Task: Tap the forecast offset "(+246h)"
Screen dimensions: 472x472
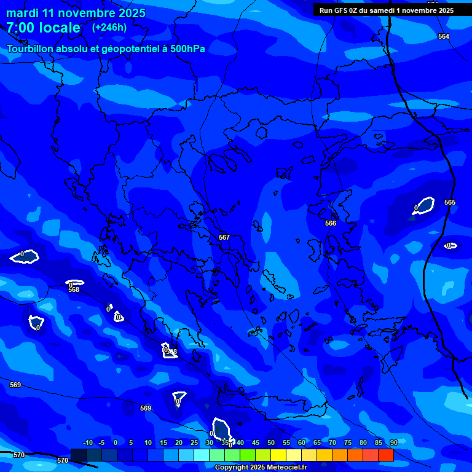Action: [x=109, y=27]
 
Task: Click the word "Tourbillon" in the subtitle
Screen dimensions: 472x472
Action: [x=31, y=49]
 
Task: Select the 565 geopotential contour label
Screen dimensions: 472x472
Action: [x=450, y=202]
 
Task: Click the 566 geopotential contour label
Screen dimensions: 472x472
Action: [x=331, y=223]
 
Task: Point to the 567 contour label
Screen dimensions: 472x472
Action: [x=224, y=237]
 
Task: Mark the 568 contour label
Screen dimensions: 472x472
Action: [x=74, y=289]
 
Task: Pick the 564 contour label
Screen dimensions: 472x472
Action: [x=444, y=36]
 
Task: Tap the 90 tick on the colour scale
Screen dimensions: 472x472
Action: [x=394, y=442]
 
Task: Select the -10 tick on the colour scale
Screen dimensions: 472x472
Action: [x=87, y=442]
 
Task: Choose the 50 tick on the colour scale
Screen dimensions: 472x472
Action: [x=271, y=442]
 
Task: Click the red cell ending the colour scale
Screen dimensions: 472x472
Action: [x=386, y=455]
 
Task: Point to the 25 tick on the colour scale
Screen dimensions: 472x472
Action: [x=194, y=442]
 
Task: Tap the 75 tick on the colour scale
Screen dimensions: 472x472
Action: [x=348, y=442]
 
